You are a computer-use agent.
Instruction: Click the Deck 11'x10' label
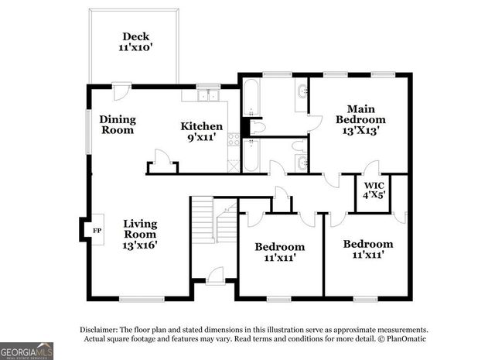click(134, 42)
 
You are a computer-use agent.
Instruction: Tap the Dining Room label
click(117, 125)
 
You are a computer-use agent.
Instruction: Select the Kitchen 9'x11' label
click(202, 132)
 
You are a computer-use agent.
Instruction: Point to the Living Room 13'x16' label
click(140, 234)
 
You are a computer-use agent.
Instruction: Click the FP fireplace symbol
click(97, 231)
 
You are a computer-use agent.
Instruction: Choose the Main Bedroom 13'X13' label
click(360, 120)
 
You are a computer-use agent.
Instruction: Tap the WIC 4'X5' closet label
click(374, 190)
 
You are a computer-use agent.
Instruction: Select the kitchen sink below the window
click(207, 96)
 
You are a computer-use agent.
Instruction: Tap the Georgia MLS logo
click(26, 351)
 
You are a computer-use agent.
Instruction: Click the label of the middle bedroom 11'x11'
click(279, 252)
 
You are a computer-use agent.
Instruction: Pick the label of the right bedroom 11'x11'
click(368, 249)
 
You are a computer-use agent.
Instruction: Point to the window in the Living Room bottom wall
click(141, 298)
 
